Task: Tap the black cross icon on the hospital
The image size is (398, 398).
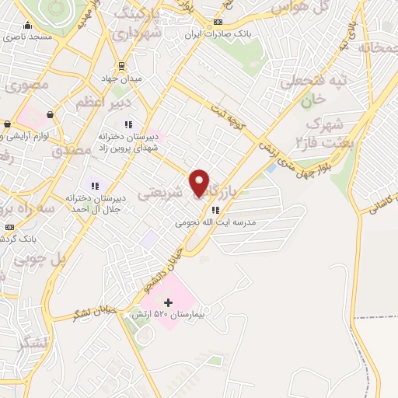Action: coord(168,301)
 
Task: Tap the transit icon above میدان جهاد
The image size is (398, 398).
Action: coord(120,67)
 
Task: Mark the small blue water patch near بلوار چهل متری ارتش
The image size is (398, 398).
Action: coord(271,167)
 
